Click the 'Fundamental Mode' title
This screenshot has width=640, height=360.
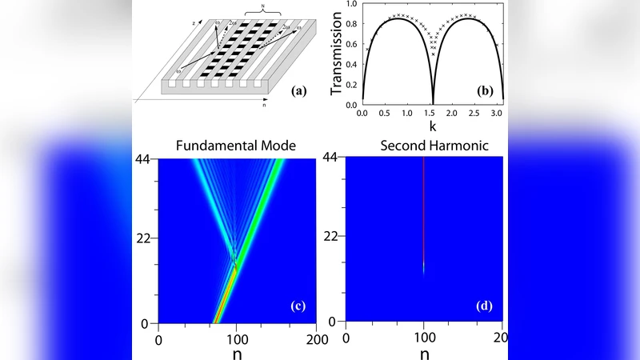pos(238,146)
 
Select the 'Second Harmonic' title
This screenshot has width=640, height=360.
pos(423,146)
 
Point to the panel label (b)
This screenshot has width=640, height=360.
pos(485,91)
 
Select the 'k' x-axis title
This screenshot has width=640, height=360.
pos(433,126)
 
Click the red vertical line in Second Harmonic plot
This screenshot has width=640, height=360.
pos(424,208)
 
